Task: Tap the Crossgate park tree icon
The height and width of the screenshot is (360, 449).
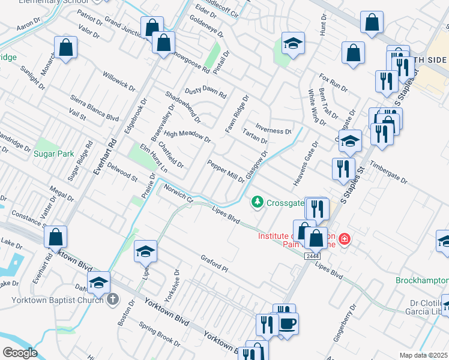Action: click(x=258, y=202)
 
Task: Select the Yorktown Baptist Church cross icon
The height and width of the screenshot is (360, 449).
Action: click(x=112, y=299)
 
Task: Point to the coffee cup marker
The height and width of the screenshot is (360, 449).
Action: click(x=288, y=325)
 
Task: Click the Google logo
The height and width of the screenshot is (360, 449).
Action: click(x=19, y=353)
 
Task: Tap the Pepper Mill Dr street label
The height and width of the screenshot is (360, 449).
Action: click(x=226, y=171)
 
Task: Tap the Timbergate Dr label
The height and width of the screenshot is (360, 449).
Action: click(x=388, y=172)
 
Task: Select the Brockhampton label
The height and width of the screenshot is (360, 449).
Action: click(x=421, y=280)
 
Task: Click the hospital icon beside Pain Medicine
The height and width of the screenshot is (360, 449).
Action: click(x=345, y=239)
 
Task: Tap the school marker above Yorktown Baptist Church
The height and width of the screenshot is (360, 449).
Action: click(x=99, y=283)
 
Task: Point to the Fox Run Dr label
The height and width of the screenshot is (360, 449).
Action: click(x=333, y=83)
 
